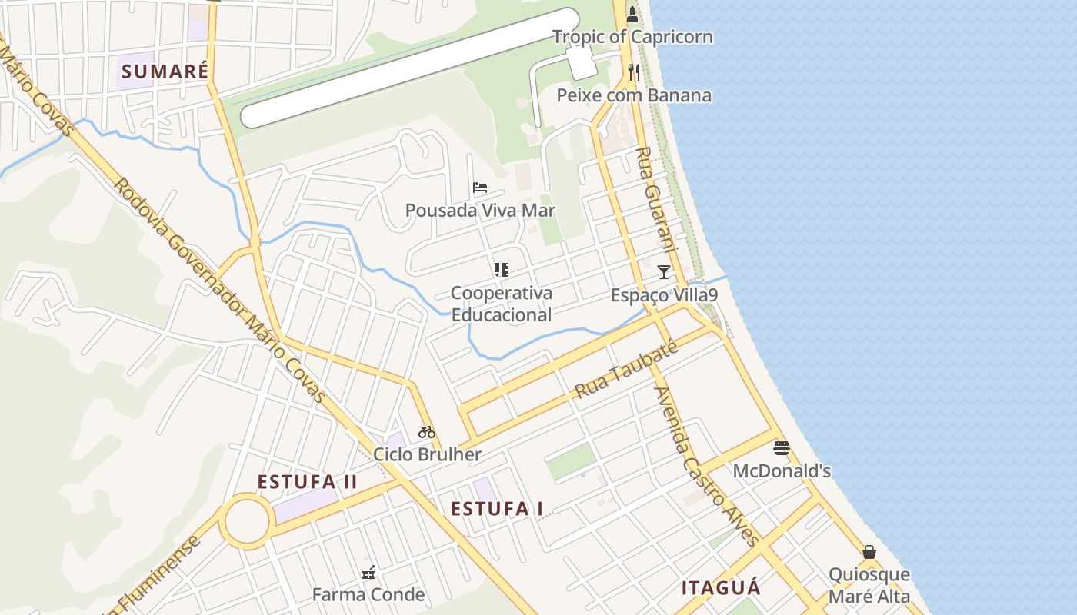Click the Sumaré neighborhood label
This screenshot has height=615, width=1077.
pos(165,71)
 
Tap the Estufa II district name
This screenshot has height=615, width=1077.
pos(307,482)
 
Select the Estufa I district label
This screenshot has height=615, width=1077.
pos(497,509)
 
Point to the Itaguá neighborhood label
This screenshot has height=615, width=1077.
pos(721,588)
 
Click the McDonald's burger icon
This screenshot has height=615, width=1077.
pos(782,448)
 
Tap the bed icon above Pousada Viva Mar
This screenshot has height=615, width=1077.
pos(480,187)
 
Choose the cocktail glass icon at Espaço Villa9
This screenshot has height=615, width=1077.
pos(664,271)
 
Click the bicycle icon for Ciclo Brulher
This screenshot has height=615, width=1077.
pos(427,432)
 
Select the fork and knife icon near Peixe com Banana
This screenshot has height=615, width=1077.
pos(634,72)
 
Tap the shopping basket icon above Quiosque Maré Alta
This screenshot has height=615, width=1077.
pos(869,552)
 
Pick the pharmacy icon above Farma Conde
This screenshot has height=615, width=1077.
pos(368,572)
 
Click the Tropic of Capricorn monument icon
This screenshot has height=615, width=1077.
pos(632,14)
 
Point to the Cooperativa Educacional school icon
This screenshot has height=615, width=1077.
pos(502,269)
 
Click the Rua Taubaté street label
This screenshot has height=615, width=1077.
pos(626,370)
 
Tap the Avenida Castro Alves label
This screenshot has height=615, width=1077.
pos(706,466)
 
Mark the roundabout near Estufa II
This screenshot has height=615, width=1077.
pos(247,522)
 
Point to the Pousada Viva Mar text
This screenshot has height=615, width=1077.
pos(480,211)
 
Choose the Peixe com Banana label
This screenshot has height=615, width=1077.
pos(635,95)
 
